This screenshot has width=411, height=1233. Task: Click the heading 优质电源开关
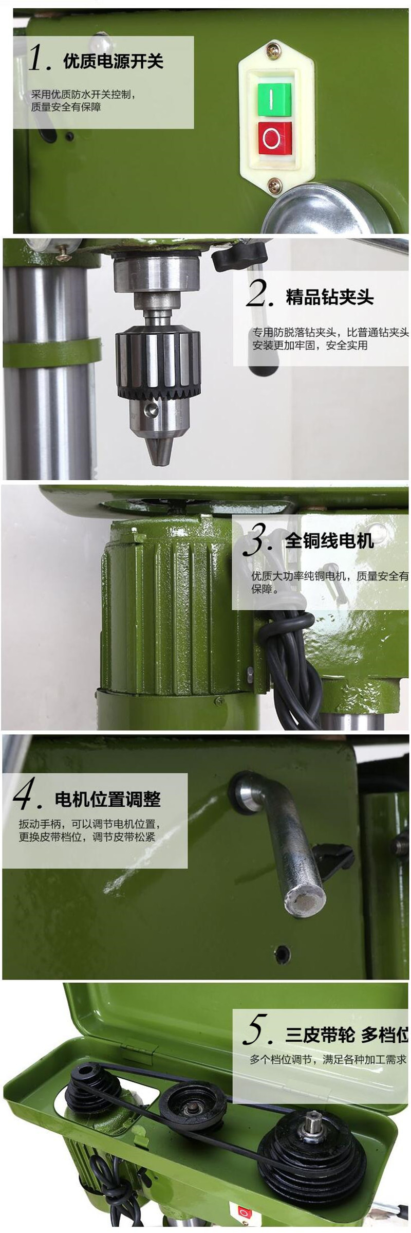point(113,62)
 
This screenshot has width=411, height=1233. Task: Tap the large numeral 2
point(260,294)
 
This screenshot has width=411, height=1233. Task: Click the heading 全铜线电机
point(329,541)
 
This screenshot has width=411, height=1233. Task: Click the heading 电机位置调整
point(108,799)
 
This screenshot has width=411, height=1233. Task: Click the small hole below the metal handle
point(282,954)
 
